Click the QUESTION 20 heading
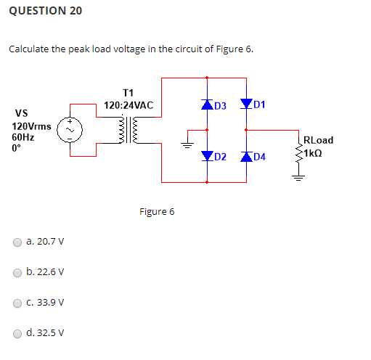[x=46, y=11]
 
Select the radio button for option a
[x=16, y=242]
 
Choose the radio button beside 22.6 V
[x=16, y=273]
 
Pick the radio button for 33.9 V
[x=16, y=303]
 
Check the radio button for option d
[x=16, y=334]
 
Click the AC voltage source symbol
[x=70, y=131]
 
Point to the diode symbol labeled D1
[x=247, y=105]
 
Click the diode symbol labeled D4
[x=247, y=156]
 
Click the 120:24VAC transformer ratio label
[x=129, y=105]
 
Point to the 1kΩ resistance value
[x=319, y=152]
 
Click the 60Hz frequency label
[x=23, y=136]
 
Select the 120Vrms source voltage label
[x=31, y=126]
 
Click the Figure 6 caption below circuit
[x=157, y=212]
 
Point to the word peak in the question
[x=83, y=49]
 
